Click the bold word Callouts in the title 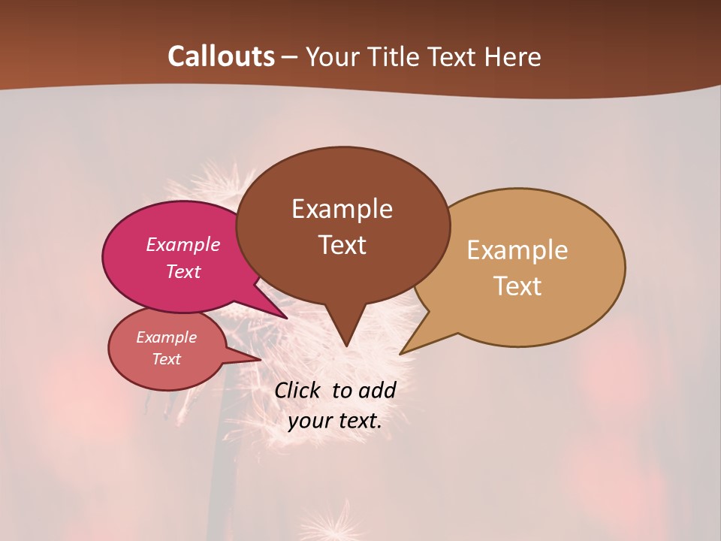point(222,56)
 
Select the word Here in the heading point(513,57)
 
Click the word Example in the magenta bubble point(183,244)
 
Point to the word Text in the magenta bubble point(183,271)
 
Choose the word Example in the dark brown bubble point(342,209)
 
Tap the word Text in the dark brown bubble point(342,245)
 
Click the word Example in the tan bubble point(517,250)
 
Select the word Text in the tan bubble point(517,286)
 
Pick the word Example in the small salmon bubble point(167,337)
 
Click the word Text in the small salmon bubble point(167,359)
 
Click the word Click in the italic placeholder point(298,391)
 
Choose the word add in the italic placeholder point(377,391)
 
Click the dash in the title point(291,57)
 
